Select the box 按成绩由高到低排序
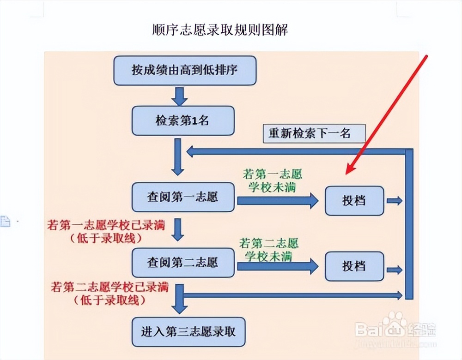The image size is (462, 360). tap(185, 70)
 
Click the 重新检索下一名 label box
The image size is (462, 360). tap(314, 133)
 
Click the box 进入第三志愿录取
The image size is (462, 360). tap(188, 332)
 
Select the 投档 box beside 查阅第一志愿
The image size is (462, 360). tap(354, 201)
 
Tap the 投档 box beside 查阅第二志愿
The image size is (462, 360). tap(354, 266)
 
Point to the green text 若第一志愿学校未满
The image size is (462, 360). tap(272, 181)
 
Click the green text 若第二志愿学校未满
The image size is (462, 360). tap(269, 249)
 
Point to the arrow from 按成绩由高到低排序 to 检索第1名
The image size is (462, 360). tap(180, 96)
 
